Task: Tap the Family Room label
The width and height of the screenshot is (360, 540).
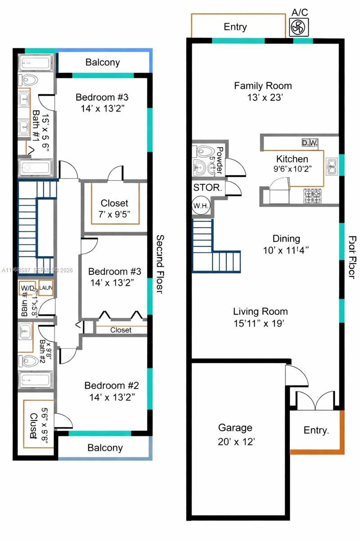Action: [263, 85]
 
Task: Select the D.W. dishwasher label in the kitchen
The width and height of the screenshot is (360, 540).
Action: [310, 143]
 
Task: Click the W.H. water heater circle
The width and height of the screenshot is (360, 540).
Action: [199, 205]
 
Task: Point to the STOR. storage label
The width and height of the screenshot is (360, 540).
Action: [207, 188]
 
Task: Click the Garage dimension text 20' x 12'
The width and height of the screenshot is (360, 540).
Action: [235, 442]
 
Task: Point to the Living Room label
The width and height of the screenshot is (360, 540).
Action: [260, 311]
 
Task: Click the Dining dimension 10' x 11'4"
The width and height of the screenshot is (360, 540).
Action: [286, 250]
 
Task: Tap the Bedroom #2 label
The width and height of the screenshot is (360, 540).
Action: [112, 386]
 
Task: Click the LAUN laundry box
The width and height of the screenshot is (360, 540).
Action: [46, 288]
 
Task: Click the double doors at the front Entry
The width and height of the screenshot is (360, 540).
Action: [315, 400]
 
